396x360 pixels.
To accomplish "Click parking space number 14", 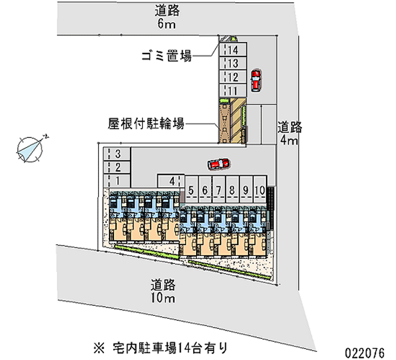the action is coord(233,50).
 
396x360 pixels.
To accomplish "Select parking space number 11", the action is coord(233,91).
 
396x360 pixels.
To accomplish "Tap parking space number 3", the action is coord(117,154).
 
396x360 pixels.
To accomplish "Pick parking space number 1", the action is coord(117,181).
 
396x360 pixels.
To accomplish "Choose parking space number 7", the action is coord(219,189).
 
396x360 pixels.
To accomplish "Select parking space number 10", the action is coord(260,189).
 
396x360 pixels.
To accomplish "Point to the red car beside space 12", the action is coord(256,81).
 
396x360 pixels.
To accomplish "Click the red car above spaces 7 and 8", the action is coord(219,164).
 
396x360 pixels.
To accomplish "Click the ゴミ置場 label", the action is coord(167,56).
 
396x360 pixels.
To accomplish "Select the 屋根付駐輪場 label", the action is coord(146,124).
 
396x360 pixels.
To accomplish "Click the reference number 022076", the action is coord(365,353).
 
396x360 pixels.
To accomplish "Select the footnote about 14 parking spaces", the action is coord(160,348).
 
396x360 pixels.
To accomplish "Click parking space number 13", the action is coord(233,63).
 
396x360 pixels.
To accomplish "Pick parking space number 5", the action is coord(191,189).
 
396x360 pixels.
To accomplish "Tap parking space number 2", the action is coord(117,167).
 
